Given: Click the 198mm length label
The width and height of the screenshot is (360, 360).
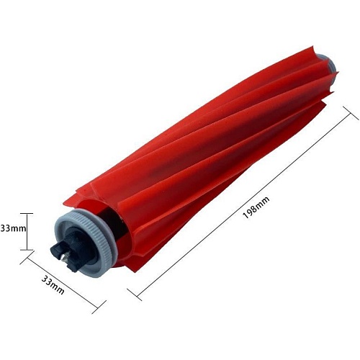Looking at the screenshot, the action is (256, 207).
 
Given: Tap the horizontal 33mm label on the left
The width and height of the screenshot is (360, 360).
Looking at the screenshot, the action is (13, 228).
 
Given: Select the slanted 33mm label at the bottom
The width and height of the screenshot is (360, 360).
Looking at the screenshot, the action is (53, 284).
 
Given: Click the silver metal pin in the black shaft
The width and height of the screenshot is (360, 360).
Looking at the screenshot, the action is (64, 256).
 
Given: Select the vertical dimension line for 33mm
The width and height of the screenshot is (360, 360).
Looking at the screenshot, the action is (27, 232).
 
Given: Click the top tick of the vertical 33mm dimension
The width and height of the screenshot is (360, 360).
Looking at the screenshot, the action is (27, 213).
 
